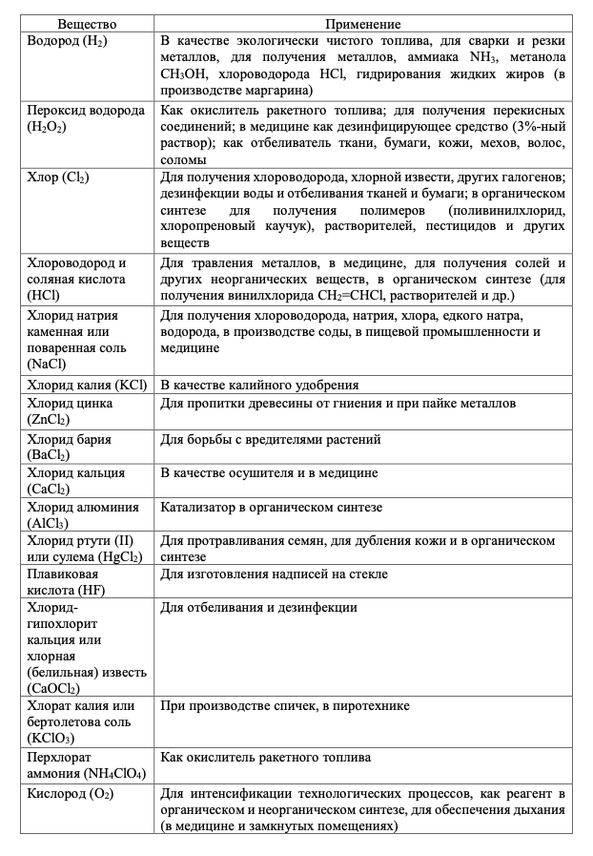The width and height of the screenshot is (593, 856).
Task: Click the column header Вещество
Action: [87, 23]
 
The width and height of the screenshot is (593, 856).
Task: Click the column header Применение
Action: [362, 23]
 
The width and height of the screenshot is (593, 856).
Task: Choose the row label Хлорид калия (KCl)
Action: [88, 385]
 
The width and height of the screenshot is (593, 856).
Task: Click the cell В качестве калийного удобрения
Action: [259, 385]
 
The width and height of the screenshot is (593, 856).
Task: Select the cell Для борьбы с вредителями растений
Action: [271, 439]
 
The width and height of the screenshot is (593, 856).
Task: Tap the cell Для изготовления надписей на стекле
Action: [274, 574]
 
